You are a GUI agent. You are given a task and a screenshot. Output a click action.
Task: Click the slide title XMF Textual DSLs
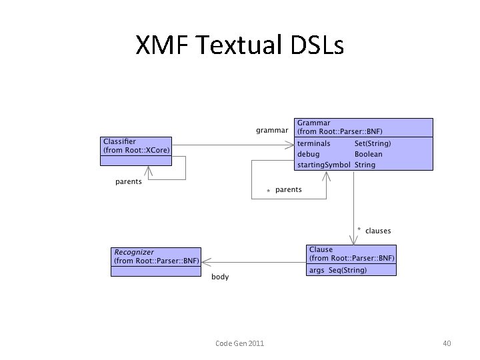(239, 46)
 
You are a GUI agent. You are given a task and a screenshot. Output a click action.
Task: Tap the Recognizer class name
(134, 252)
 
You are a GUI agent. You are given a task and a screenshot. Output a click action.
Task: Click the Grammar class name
(314, 123)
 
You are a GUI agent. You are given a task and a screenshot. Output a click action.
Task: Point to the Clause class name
(321, 249)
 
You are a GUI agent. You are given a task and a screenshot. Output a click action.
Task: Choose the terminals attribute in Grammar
(314, 143)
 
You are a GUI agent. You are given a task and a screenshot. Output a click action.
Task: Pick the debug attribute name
(308, 154)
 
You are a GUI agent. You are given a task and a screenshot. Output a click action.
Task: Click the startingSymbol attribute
(323, 165)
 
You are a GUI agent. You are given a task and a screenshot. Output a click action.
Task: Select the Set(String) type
(373, 143)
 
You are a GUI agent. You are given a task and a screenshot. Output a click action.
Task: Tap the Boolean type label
(369, 154)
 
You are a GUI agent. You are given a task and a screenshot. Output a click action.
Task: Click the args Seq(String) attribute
(338, 270)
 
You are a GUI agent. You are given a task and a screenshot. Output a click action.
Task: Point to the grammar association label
(273, 130)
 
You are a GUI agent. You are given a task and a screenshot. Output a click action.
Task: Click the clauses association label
(378, 231)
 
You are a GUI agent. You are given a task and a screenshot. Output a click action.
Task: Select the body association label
(220, 277)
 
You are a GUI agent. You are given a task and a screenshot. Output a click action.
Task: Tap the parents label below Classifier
(129, 182)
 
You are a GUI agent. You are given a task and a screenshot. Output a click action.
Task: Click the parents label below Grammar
(288, 190)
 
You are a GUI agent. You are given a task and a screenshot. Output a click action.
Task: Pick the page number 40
(447, 343)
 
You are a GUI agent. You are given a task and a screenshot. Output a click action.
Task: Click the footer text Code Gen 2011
(240, 343)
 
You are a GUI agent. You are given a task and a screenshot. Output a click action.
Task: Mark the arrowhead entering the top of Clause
(353, 241)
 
